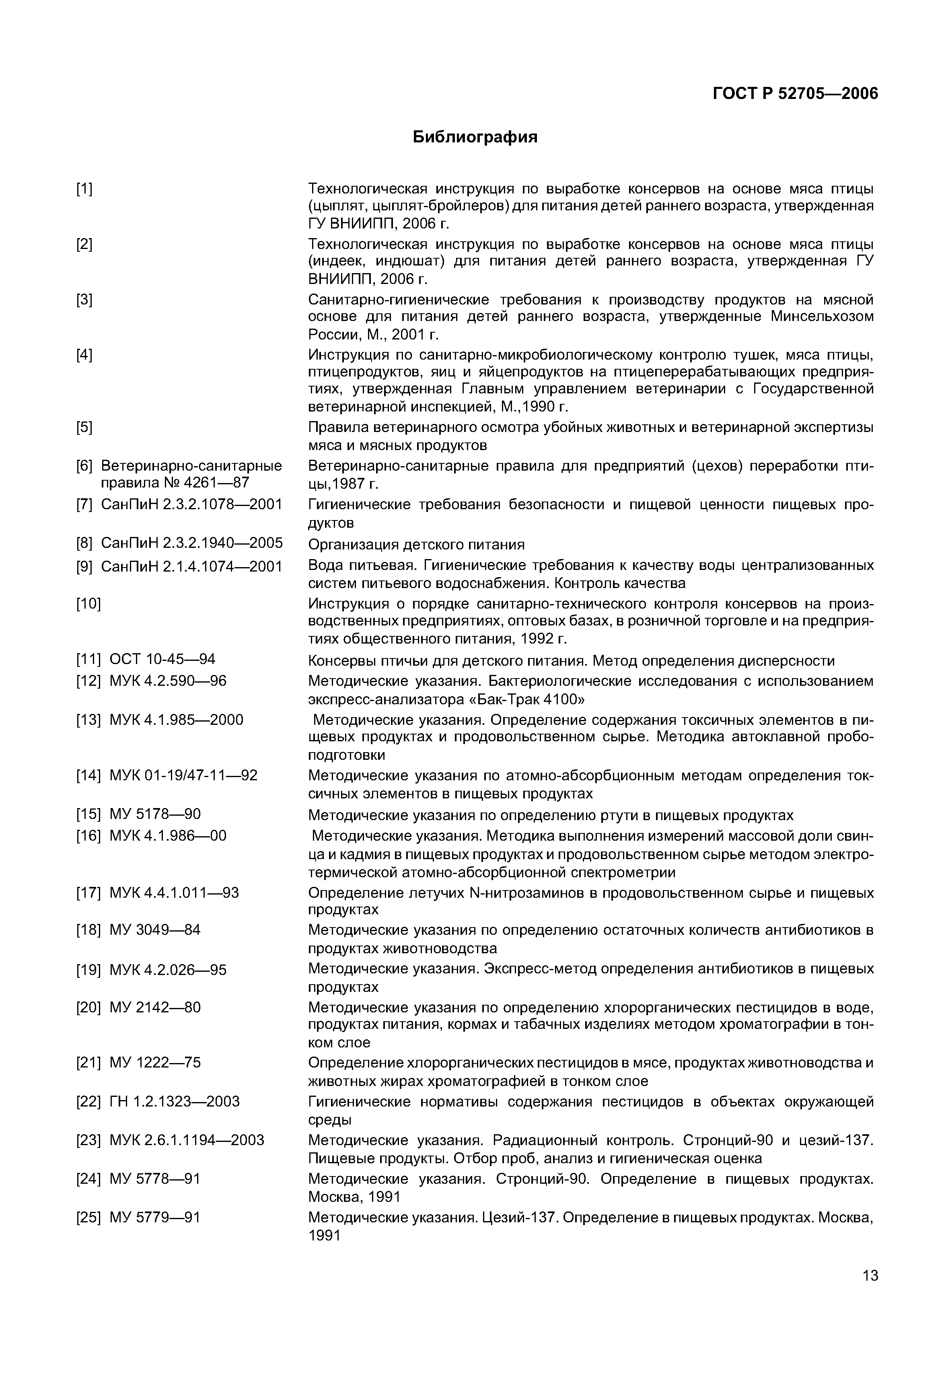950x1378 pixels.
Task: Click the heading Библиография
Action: click(x=475, y=138)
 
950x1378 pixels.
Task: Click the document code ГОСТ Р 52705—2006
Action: click(x=795, y=94)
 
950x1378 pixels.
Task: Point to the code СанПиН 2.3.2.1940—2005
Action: click(x=192, y=543)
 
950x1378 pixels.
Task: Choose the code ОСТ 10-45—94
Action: click(x=162, y=659)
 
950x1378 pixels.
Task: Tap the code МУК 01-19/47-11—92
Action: click(x=183, y=775)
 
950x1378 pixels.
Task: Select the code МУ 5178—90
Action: click(x=155, y=814)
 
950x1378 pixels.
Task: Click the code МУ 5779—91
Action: click(x=155, y=1217)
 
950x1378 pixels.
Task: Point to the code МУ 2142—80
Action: click(x=155, y=1007)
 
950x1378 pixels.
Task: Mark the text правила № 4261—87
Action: click(x=175, y=482)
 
